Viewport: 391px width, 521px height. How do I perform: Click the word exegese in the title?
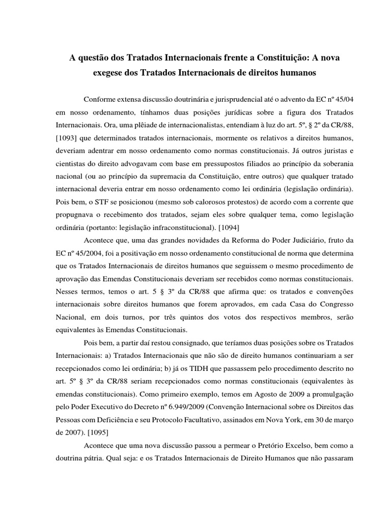pos(109,73)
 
